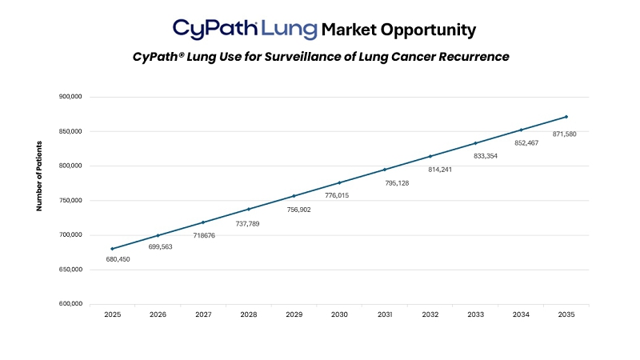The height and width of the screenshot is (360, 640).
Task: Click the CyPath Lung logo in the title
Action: [x=244, y=30]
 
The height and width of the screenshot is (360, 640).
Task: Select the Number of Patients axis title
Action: [x=38, y=175]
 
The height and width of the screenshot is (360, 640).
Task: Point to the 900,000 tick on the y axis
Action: [x=71, y=97]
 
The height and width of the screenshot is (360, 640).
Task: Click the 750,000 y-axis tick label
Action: [x=71, y=201]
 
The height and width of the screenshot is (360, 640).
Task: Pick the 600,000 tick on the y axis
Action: [x=71, y=304]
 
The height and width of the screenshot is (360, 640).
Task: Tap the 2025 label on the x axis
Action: [x=113, y=315]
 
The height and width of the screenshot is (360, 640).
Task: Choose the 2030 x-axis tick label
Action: [x=339, y=315]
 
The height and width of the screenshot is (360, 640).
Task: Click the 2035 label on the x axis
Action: [x=566, y=315]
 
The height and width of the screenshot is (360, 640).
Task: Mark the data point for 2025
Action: [x=113, y=249]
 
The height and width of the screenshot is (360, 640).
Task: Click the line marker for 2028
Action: [x=249, y=209]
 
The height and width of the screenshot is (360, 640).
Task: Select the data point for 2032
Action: [x=430, y=156]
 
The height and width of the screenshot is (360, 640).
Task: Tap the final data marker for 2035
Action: [x=566, y=117]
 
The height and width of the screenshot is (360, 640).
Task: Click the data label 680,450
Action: [x=118, y=259]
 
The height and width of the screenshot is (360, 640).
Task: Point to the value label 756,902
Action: [x=298, y=210]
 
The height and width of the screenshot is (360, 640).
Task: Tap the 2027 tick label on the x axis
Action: [x=203, y=315]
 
